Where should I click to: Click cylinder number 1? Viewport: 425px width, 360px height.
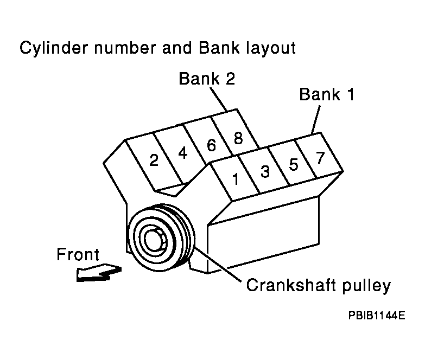(235, 179)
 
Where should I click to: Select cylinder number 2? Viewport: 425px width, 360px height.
(154, 160)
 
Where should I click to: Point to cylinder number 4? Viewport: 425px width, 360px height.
(183, 153)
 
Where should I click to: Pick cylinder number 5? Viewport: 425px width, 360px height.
(294, 164)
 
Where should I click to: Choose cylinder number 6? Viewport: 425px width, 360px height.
(211, 145)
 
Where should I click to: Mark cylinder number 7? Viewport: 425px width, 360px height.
(320, 158)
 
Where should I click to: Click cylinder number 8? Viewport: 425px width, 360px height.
(238, 138)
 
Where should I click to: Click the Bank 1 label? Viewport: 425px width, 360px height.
(327, 95)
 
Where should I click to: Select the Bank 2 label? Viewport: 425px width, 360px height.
(207, 79)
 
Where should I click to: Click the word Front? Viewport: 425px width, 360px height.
(78, 254)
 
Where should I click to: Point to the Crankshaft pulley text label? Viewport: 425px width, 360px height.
(318, 285)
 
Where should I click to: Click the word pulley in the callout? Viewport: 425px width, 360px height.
(363, 285)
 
